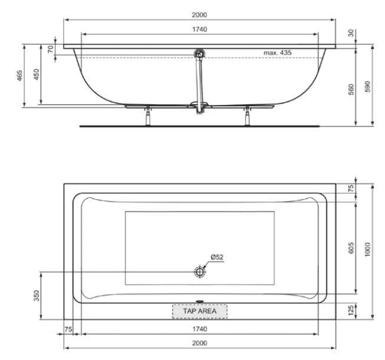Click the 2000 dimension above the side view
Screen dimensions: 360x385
click(200, 15)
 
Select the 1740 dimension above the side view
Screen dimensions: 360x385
click(200, 29)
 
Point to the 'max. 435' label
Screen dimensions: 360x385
click(277, 53)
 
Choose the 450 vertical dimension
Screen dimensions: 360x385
click(37, 75)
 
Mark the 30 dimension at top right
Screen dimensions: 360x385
click(351, 34)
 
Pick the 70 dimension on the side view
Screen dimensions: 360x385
click(51, 49)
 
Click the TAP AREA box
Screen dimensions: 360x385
click(199, 311)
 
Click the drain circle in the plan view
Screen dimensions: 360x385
click(200, 272)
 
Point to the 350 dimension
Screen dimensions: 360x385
click(37, 295)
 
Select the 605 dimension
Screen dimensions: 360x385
click(351, 248)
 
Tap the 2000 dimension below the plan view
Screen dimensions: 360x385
click(200, 343)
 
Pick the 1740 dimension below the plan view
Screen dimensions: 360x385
click(200, 328)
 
